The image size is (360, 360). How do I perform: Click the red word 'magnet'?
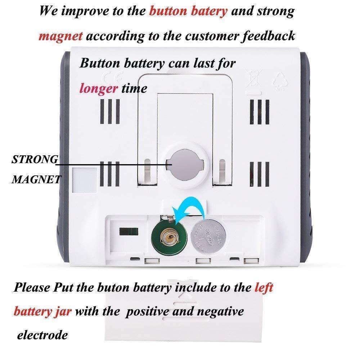tap(61, 36)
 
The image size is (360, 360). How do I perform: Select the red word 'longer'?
tap(98, 88)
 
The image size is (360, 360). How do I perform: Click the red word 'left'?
tap(264, 287)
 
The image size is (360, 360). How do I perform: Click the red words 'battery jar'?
tap(43, 311)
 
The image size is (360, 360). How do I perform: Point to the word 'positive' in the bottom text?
tap(148, 311)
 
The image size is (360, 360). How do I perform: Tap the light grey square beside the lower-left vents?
tap(84, 180)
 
